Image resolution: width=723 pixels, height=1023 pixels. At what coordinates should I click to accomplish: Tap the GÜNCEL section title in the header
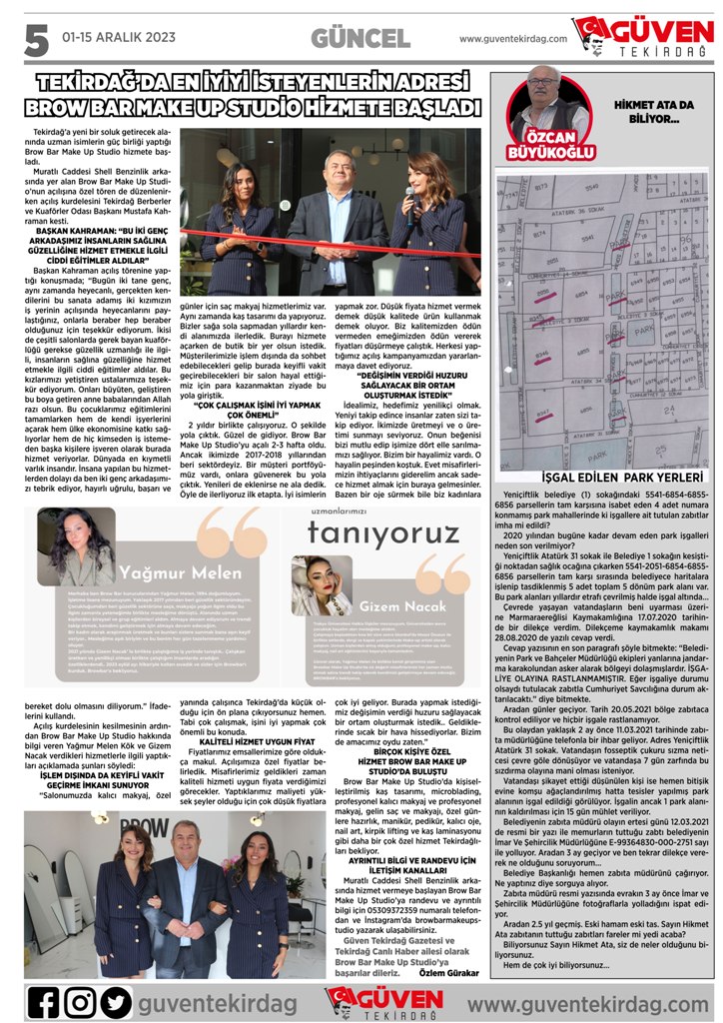click(x=361, y=38)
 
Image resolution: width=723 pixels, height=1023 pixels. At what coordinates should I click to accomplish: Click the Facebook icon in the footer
click(x=44, y=1001)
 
